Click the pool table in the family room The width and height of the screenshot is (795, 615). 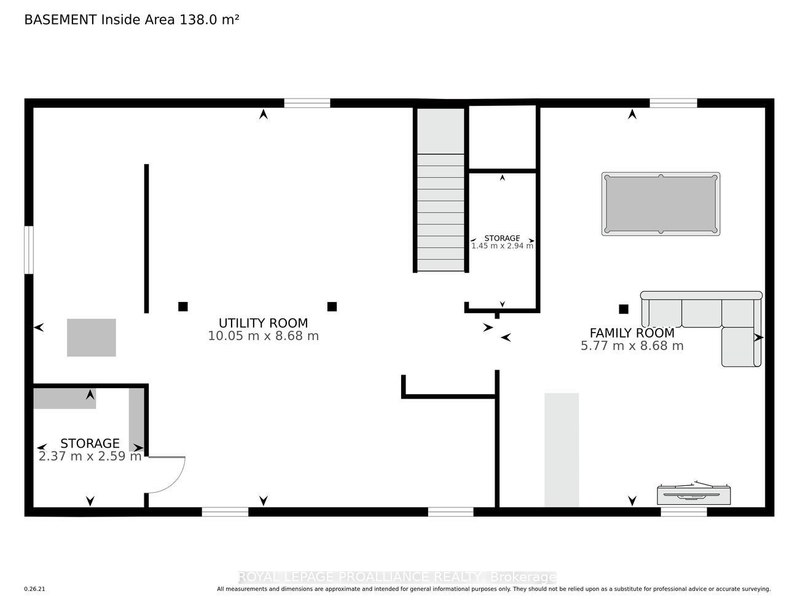[660, 204]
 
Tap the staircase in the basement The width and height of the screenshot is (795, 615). [441, 189]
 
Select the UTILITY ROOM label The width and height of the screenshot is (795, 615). [263, 323]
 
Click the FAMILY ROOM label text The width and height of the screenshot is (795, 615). [632, 333]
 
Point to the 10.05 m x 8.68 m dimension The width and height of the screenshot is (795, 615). [263, 336]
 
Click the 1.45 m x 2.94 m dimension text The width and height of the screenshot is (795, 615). [502, 246]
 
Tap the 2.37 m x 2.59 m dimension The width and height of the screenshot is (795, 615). [90, 456]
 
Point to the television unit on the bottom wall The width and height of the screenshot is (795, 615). [694, 495]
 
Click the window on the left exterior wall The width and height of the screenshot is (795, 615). [29, 250]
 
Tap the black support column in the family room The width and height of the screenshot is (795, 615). [624, 309]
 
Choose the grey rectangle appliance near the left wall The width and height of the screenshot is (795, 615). [92, 338]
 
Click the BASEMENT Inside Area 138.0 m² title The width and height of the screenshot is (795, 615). [131, 20]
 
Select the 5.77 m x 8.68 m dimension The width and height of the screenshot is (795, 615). [632, 346]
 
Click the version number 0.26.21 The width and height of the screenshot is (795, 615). [35, 589]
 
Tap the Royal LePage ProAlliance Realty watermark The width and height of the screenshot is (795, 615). [397, 577]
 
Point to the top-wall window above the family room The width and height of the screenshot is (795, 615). [673, 103]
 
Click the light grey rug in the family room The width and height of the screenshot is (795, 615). [562, 450]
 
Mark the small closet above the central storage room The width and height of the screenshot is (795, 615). [503, 137]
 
